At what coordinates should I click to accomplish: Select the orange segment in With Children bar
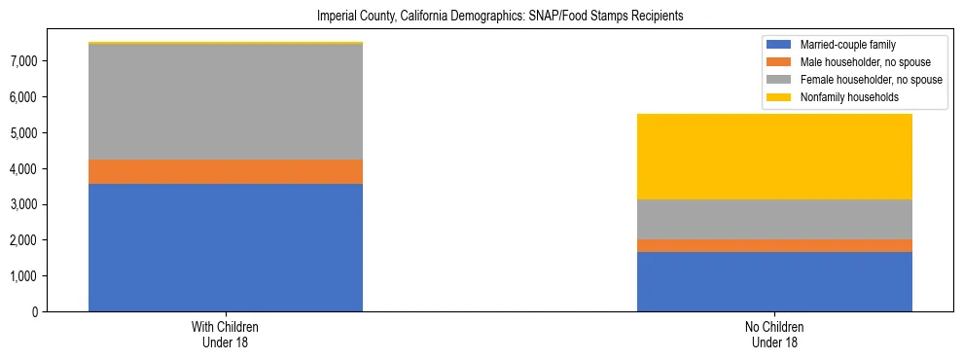(226, 171)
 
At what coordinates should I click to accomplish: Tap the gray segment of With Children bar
(226, 102)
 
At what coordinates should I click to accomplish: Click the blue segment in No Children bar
(774, 281)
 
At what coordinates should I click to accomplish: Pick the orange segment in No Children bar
(774, 245)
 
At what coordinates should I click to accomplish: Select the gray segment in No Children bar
(774, 219)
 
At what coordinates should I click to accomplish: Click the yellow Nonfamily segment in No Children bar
(774, 157)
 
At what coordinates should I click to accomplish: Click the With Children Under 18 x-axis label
(226, 335)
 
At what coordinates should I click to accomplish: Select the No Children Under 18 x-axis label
(774, 335)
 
